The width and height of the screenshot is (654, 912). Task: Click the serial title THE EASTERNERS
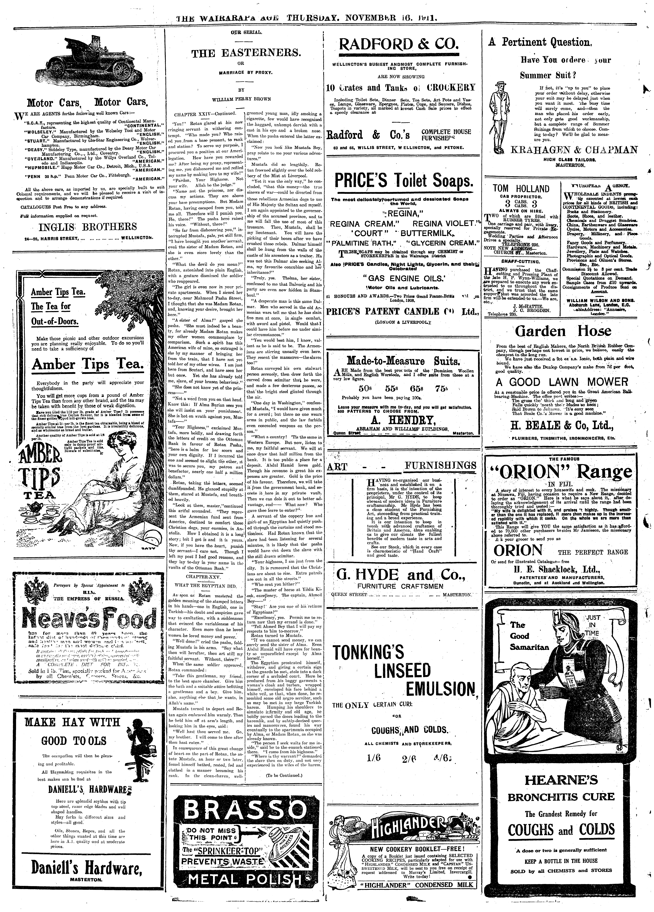pyautogui.click(x=246, y=53)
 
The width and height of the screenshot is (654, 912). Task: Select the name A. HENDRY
pyautogui.click(x=401, y=420)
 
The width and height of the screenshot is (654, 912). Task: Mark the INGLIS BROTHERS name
pyautogui.click(x=88, y=227)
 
